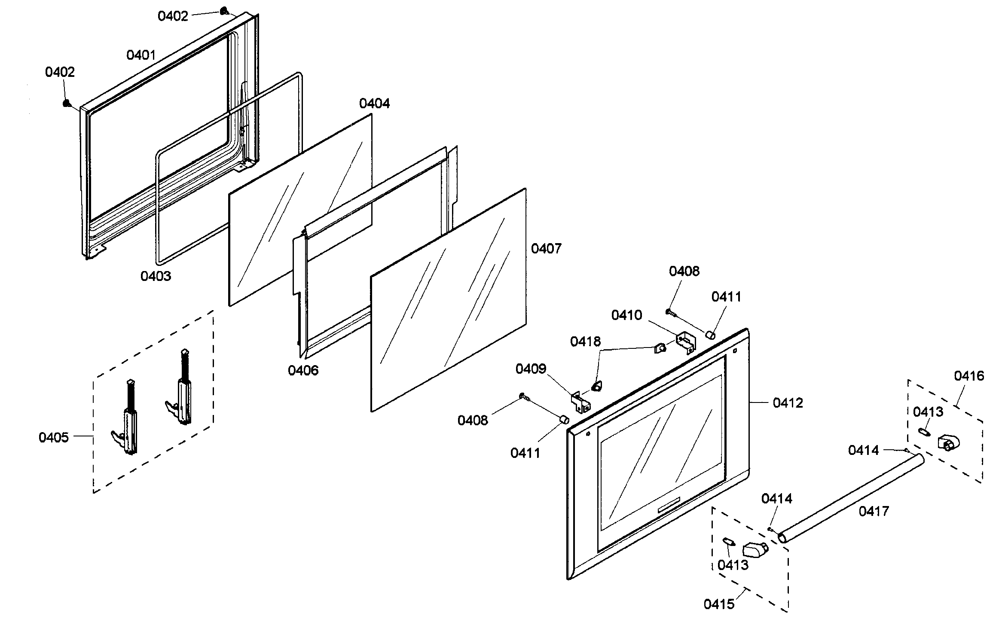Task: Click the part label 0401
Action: [x=141, y=55]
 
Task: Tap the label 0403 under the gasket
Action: [x=156, y=276]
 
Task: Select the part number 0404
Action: [x=374, y=104]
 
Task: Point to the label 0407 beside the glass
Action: [x=546, y=249]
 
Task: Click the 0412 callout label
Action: [x=788, y=403]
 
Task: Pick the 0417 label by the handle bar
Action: [x=874, y=511]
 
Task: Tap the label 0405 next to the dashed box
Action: [x=54, y=438]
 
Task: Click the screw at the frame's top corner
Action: [x=224, y=11]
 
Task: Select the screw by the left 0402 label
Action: [x=66, y=103]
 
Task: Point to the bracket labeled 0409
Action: [x=580, y=402]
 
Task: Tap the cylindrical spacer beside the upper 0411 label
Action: [x=711, y=335]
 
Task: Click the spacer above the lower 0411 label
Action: [x=564, y=419]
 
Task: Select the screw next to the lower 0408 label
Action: [x=523, y=396]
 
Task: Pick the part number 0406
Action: [x=303, y=371]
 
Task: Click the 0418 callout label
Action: [x=585, y=342]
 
